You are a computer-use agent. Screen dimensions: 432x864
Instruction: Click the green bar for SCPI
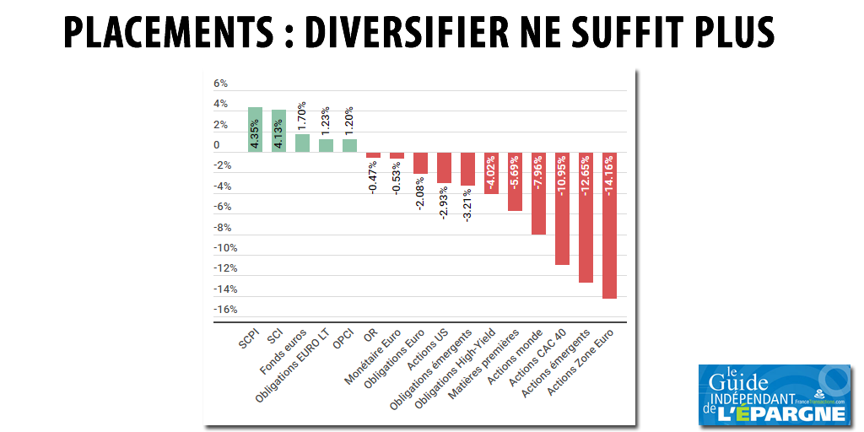(255, 129)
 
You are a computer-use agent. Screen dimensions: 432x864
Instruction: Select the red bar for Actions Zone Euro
(609, 225)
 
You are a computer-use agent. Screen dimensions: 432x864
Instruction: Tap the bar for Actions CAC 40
(562, 208)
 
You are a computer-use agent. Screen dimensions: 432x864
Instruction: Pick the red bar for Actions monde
(538, 193)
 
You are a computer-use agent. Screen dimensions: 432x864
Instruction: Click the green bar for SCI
(278, 131)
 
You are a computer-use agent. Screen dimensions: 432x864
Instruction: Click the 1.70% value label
(302, 116)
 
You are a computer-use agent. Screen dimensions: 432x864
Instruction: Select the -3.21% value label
(467, 204)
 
